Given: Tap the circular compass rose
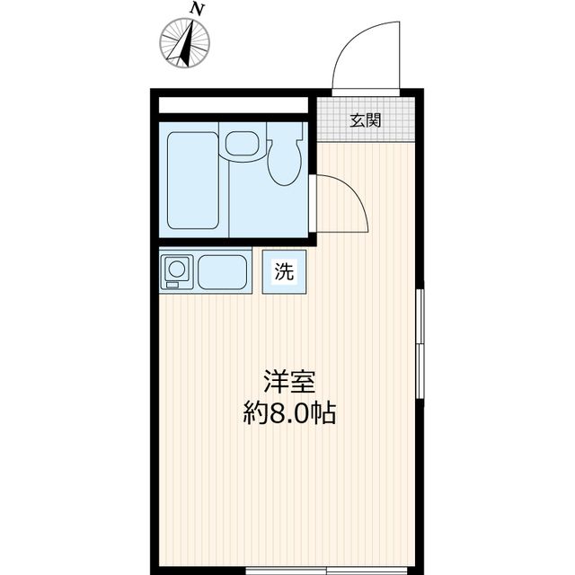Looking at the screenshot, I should point(185,42).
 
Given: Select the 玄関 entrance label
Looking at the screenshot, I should point(366,120).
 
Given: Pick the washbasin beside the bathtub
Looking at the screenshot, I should point(241,143).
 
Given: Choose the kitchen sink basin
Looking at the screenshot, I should point(222,271).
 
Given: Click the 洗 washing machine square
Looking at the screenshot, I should point(284,273).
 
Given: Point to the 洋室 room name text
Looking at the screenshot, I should point(288,382).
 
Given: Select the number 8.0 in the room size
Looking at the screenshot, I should point(287,414).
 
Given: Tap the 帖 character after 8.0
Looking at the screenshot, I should point(323,414).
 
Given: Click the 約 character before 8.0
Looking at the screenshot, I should point(254,414).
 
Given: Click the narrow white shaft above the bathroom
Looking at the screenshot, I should point(233,104).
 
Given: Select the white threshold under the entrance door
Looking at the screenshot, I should point(366,90).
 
